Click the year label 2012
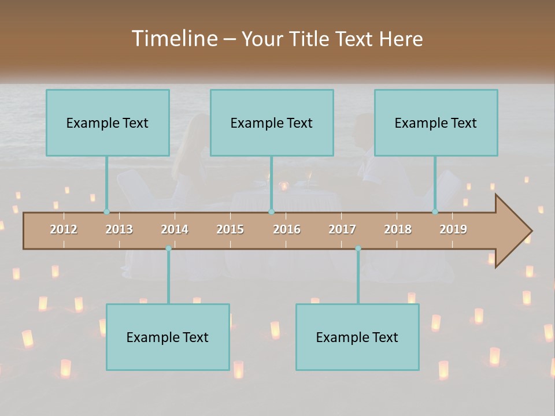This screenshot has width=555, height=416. [x=64, y=229]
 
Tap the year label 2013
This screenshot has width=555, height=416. [x=119, y=229]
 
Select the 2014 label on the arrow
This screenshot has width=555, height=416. [x=175, y=229]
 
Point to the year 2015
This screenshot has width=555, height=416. [x=230, y=229]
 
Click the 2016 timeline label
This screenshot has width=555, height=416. [x=287, y=229]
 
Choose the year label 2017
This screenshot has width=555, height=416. [x=342, y=229]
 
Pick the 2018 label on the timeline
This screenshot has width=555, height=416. [x=398, y=229]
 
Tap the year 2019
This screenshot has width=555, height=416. [x=453, y=229]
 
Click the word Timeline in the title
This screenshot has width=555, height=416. [x=172, y=39]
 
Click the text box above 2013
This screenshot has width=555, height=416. [x=108, y=122]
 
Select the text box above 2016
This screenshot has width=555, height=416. [x=272, y=122]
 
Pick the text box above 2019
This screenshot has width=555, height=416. [x=436, y=122]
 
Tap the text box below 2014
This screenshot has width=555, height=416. [x=168, y=337]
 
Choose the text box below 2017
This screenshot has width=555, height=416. [x=357, y=337]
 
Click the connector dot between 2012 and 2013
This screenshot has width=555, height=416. [x=106, y=212]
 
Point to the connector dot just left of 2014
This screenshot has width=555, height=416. [x=168, y=248]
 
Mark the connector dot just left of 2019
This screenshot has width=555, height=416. [x=435, y=212]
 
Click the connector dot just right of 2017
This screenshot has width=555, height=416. [x=358, y=248]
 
